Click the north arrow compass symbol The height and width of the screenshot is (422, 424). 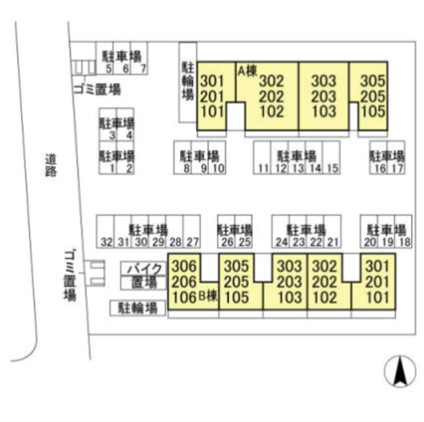pos(400,372)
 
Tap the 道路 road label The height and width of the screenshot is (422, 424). pos(51,165)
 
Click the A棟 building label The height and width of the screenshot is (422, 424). pos(247,71)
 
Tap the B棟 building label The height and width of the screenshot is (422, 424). pos(208,296)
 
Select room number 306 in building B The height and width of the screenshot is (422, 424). pos(184,266)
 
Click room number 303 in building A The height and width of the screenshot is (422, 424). pos(323,81)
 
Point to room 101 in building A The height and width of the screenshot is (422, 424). pos(213,111)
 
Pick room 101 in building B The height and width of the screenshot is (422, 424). pos(378,297)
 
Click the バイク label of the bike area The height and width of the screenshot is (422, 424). pos(144,269)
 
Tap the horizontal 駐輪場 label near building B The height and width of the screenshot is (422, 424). pos(138,308)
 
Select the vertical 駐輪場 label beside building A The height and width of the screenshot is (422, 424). pos(187,81)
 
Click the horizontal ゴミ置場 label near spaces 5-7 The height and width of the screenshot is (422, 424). pos(97,90)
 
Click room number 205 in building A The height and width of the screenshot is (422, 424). pos(372,96)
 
